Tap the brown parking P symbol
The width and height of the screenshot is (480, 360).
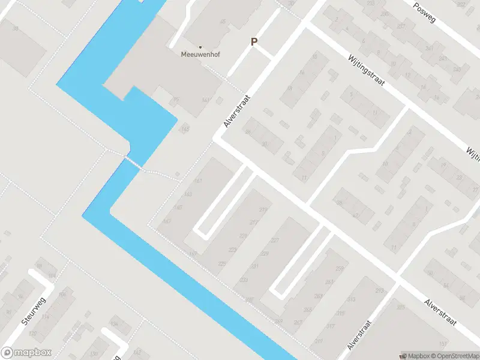coord(254,42)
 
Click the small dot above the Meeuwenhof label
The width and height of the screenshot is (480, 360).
coord(200,47)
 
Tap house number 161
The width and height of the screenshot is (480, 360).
coord(198,181)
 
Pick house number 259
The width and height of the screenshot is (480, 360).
coord(341,268)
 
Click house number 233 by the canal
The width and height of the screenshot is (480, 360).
coord(244,280)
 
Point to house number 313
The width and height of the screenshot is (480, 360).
coord(351,299)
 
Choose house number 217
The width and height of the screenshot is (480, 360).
coord(253,223)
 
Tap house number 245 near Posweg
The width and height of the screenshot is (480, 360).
coord(457,70)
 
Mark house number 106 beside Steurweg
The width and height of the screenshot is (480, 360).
coord(62,295)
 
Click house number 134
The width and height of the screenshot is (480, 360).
coord(114,325)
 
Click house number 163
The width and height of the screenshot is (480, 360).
coord(188,194)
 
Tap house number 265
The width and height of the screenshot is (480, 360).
coord(308,310)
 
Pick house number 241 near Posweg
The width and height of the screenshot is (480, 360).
coord(428,49)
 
